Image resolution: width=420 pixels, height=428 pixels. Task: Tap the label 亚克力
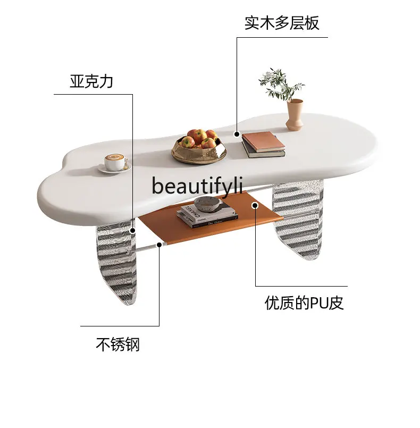(91, 81)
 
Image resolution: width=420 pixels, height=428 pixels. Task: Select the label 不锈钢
(117, 345)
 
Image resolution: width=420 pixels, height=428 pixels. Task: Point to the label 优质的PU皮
(304, 303)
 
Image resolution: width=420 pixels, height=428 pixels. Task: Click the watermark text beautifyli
(197, 186)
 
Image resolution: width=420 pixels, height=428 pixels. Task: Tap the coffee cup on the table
(114, 161)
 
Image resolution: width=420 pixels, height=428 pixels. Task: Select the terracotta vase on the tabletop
(294, 114)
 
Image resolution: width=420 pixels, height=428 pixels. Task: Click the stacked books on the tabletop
(263, 144)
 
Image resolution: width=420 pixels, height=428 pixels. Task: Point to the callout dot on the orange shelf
(255, 204)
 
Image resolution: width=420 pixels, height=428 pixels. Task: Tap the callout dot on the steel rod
(159, 245)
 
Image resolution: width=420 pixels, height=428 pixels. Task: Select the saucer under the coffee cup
(114, 168)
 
